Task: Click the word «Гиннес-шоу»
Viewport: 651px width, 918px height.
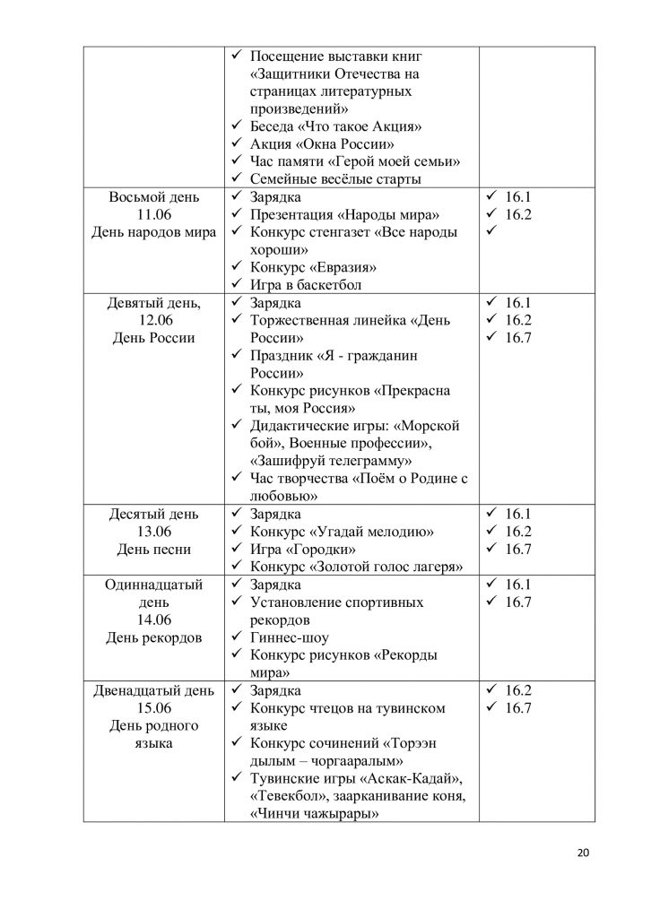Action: click(x=290, y=637)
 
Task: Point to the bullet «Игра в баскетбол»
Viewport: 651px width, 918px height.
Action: click(x=309, y=285)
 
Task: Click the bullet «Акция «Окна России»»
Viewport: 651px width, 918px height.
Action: click(x=323, y=143)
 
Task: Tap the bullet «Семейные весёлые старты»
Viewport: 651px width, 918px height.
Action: click(x=336, y=179)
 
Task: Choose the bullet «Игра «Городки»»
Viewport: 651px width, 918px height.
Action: click(x=303, y=549)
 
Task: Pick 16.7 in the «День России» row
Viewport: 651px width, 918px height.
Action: click(x=518, y=338)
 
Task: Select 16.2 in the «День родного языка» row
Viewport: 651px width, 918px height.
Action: click(x=518, y=690)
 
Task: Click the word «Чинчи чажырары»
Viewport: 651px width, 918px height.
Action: click(x=313, y=813)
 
